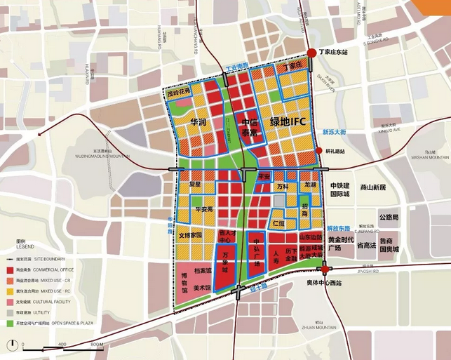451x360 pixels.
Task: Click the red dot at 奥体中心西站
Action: tap(325, 269)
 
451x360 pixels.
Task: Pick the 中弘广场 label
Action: tap(257, 255)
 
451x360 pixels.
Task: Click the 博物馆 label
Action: tap(184, 284)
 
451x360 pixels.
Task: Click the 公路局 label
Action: tap(388, 218)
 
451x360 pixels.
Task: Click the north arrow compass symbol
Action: tap(13, 345)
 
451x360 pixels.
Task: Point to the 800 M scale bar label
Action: tap(96, 345)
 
